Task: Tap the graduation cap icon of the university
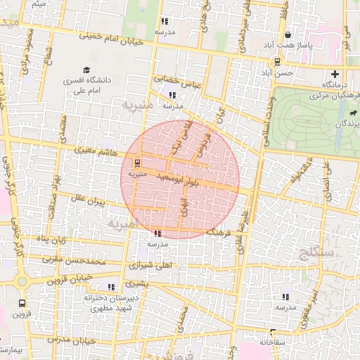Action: click(86, 70)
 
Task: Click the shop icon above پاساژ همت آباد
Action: click(288, 34)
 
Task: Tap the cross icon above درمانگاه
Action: click(335, 73)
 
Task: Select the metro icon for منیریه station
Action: click(136, 160)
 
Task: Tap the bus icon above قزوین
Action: click(22, 304)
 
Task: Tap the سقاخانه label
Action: click(275, 342)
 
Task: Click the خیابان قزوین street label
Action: click(70, 278)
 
